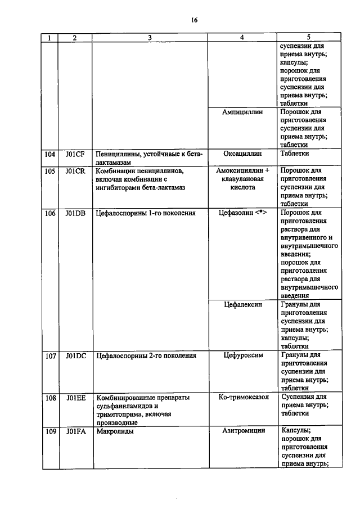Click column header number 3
point(150,38)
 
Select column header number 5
point(309,38)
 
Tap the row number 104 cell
point(51,154)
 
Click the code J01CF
point(75,154)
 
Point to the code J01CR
point(75,170)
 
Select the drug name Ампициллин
point(242,112)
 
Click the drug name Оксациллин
point(242,154)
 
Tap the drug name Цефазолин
point(238,213)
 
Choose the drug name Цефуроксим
point(242,355)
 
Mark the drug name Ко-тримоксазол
point(242,397)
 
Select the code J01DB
point(75,213)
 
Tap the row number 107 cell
point(51,355)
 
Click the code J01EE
point(75,397)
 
